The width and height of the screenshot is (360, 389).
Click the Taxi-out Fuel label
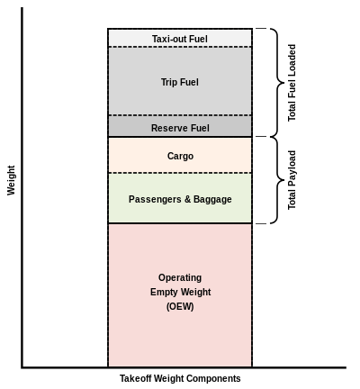click(x=180, y=39)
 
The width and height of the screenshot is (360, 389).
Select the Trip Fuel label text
click(x=180, y=82)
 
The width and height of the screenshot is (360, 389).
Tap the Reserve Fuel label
click(x=180, y=128)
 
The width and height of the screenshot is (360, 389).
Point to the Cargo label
click(x=180, y=156)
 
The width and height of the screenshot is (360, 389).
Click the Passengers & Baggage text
click(x=180, y=199)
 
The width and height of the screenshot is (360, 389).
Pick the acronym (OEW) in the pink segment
click(x=180, y=306)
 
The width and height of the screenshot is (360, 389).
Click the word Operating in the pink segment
click(x=180, y=277)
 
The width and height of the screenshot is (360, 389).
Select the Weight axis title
click(x=11, y=180)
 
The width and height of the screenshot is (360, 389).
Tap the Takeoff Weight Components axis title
click(x=180, y=378)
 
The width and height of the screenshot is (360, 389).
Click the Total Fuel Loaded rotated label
click(x=292, y=83)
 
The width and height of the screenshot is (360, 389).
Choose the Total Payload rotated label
click(x=292, y=180)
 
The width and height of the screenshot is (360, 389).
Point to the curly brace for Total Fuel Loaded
click(x=277, y=83)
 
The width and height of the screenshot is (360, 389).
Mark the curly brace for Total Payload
click(x=277, y=180)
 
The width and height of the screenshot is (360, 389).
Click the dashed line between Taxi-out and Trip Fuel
click(x=180, y=47)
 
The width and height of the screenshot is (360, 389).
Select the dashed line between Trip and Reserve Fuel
click(x=180, y=115)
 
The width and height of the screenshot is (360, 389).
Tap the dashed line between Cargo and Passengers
click(x=180, y=173)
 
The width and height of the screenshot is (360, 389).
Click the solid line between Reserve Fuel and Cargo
click(x=180, y=137)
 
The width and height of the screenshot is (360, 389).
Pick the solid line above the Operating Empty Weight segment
click(x=180, y=223)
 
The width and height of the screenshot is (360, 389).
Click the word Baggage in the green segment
click(x=212, y=200)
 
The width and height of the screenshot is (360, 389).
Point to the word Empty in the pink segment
click(x=164, y=292)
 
